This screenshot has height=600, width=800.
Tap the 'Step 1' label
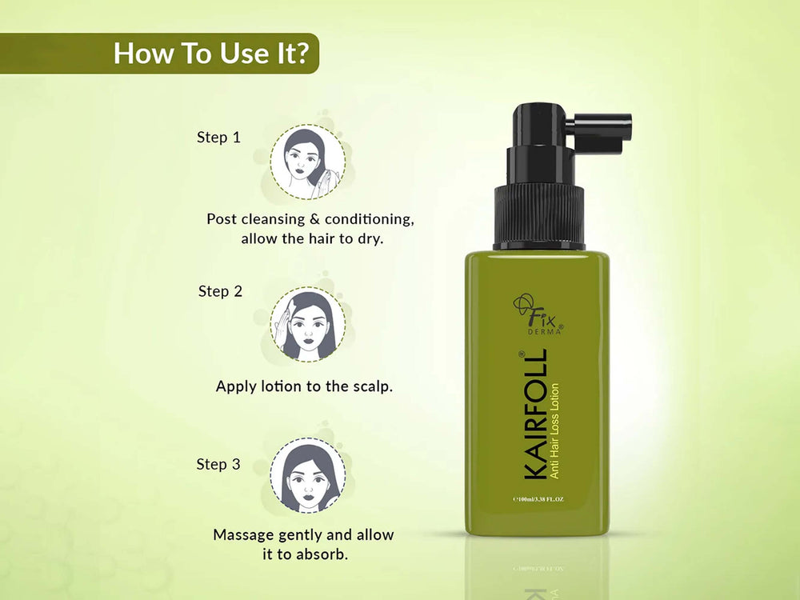[x=218, y=138]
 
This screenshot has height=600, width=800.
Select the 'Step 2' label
[x=220, y=291]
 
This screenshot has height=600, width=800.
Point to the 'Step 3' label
[x=218, y=464]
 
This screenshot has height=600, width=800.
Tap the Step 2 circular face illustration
[x=307, y=324]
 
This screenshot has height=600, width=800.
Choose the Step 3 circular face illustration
[x=307, y=474]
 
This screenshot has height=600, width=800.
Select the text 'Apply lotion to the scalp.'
[x=304, y=386]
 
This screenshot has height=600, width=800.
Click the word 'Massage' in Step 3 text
[x=243, y=534]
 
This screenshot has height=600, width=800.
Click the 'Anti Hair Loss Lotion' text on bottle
[x=554, y=431]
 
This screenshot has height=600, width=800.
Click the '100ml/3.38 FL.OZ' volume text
[x=538, y=499]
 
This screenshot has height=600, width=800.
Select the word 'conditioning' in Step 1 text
[x=370, y=218]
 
